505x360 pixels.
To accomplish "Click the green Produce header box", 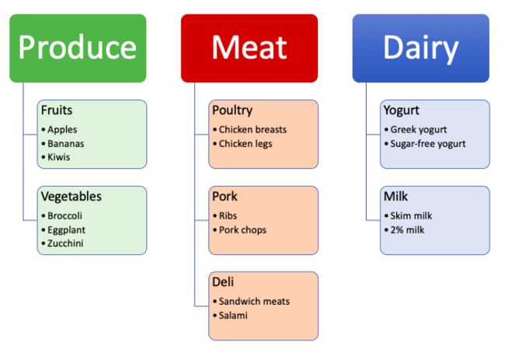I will click(x=78, y=48).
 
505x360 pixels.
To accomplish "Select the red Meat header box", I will click(x=249, y=48).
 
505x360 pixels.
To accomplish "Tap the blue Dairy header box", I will click(x=420, y=48).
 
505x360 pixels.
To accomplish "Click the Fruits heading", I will click(x=57, y=110).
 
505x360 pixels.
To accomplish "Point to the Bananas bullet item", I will click(x=65, y=144).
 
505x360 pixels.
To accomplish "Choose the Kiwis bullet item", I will click(x=58, y=158).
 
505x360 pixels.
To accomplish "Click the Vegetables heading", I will click(x=71, y=197).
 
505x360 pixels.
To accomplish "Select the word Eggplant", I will click(x=66, y=230).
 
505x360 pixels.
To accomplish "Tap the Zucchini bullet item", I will click(x=65, y=244).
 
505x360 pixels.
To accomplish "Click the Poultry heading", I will click(x=232, y=110).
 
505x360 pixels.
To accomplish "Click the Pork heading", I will click(x=225, y=197).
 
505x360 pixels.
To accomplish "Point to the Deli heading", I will click(x=223, y=282).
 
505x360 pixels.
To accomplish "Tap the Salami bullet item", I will click(x=233, y=316).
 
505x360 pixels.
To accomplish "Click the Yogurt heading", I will click(x=402, y=110).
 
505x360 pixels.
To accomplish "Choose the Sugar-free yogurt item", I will click(x=427, y=144).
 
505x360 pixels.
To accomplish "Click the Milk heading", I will click(x=395, y=197).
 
